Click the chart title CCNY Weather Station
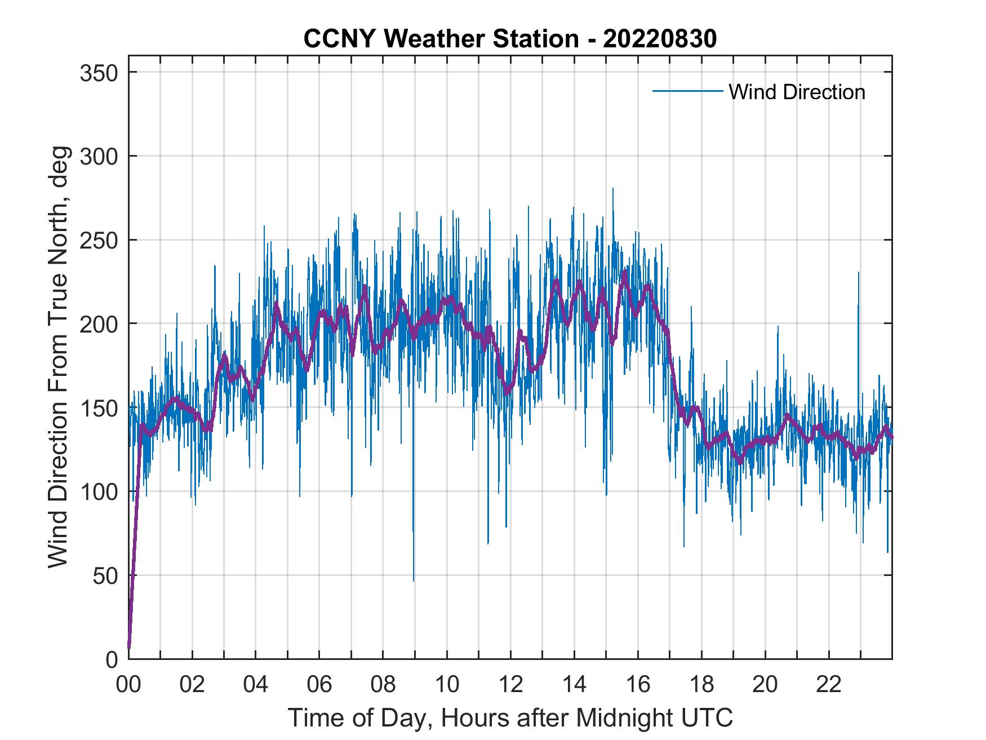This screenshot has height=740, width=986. tap(510, 39)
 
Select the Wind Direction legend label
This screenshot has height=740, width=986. tap(797, 92)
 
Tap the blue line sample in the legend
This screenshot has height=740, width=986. tap(687, 91)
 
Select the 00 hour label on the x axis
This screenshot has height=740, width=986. tap(128, 685)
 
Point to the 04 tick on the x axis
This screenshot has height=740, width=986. tap(256, 685)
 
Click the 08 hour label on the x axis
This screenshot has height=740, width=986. tap(383, 685)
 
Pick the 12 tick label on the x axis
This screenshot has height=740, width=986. tap(510, 685)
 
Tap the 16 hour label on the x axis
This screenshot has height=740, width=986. tap(638, 685)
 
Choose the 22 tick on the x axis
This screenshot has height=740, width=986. tap(829, 685)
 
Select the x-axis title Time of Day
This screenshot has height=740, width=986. tap(510, 717)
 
